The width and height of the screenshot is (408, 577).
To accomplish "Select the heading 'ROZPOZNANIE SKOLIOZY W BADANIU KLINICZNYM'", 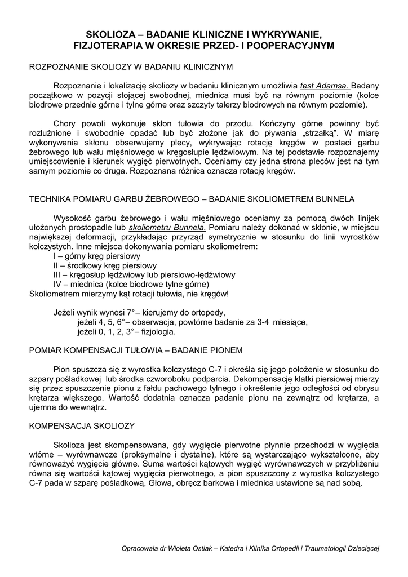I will click(x=131, y=67).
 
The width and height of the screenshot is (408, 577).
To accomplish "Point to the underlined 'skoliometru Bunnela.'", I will click(x=176, y=227).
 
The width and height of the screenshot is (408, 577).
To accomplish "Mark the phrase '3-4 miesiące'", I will click(x=282, y=322).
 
